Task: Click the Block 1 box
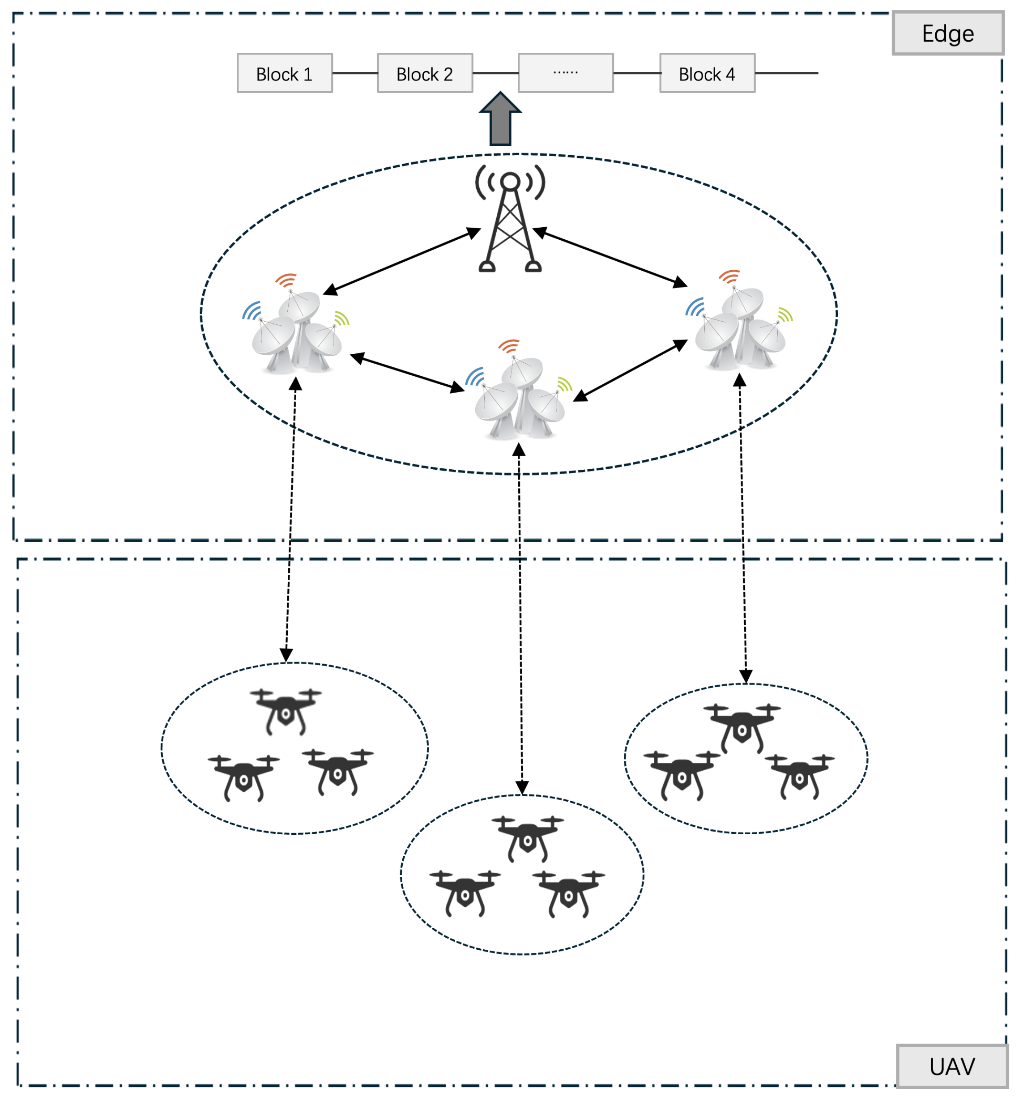(x=285, y=73)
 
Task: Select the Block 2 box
(x=425, y=73)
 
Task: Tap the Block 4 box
(x=707, y=73)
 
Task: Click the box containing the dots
(x=565, y=73)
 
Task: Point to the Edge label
(x=947, y=34)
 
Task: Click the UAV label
(x=952, y=1066)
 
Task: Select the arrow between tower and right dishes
(x=610, y=257)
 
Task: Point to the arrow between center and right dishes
(x=630, y=370)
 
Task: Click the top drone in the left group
(x=286, y=710)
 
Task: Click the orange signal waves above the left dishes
(x=286, y=280)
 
